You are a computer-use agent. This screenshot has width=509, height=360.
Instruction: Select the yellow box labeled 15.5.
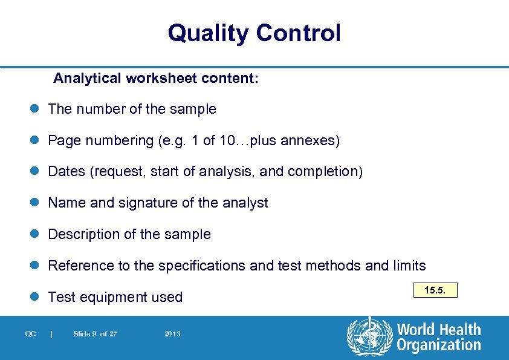[x=435, y=291]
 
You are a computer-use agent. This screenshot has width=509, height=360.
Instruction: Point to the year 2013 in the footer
[x=172, y=334]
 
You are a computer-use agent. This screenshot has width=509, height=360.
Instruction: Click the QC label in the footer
[x=31, y=334]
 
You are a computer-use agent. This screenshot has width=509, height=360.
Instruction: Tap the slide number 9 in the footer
[x=94, y=334]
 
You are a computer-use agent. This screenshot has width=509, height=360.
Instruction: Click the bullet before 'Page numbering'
[x=34, y=141]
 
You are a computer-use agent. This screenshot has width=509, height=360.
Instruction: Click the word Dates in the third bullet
[x=66, y=172]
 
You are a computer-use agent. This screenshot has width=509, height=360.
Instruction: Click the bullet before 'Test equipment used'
[x=34, y=297]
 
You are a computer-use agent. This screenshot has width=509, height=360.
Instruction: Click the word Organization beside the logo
[x=439, y=345]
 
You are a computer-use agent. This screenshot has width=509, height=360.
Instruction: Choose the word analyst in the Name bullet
[x=245, y=203]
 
